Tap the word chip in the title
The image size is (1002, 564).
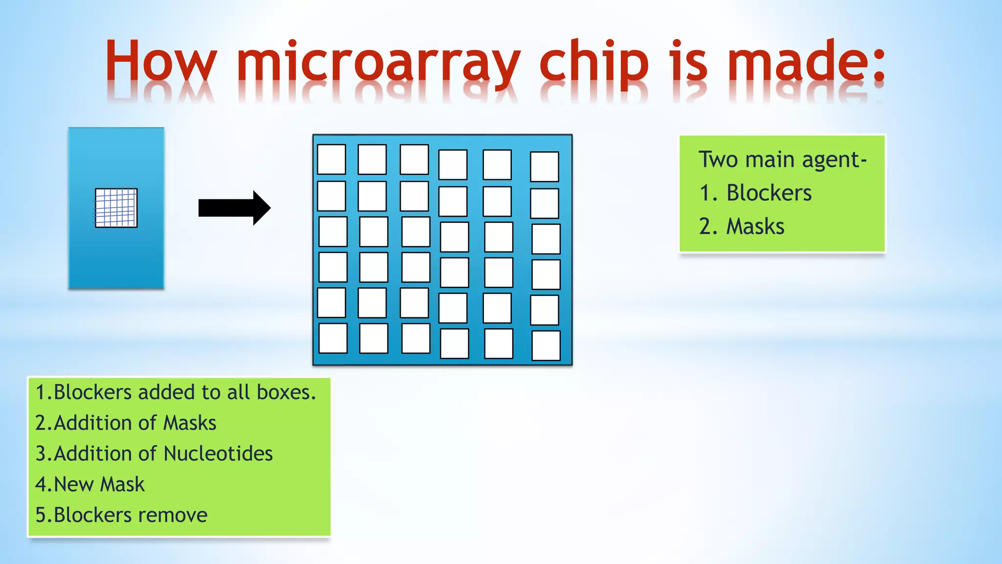point(593,64)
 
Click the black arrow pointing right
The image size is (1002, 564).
point(234,208)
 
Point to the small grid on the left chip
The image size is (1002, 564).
point(116,208)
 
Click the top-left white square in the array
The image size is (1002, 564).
point(331,159)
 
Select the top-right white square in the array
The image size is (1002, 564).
point(545,166)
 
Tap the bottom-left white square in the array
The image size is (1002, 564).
point(333,338)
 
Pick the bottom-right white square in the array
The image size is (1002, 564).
point(546,346)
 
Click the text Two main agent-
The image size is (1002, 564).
point(782,160)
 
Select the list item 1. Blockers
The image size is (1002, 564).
point(756,193)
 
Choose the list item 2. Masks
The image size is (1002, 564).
point(742,226)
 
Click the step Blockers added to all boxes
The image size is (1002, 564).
point(176,392)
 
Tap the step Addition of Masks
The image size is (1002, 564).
point(126,423)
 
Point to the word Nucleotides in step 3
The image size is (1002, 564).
point(218,454)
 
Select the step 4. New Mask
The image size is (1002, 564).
point(90,485)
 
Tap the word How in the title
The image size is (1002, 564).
point(160,63)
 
